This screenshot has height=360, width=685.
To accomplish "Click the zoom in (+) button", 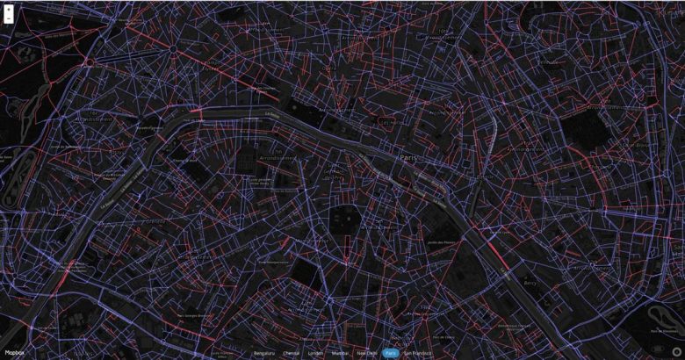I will coord(9,8).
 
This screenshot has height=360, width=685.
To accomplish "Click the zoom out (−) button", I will coord(9,18).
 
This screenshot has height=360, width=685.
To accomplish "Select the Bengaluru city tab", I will coord(263,353).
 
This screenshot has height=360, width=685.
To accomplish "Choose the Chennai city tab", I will coord(291,353).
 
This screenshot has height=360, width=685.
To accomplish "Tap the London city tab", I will coord(315,353).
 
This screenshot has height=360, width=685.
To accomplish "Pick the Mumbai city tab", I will coord(339,353).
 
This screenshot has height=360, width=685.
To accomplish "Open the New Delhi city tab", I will coord(367,353).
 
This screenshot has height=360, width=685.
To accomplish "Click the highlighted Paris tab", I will coord(392,353).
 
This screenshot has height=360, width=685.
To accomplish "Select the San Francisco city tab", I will coord(417,353).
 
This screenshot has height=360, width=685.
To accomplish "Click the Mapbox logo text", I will coord(15,353).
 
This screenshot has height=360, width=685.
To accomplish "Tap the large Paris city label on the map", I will coord(408,157).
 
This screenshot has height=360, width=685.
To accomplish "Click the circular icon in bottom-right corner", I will coord(675,351).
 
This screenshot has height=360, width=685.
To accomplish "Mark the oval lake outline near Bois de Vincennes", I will coord(660,312).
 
